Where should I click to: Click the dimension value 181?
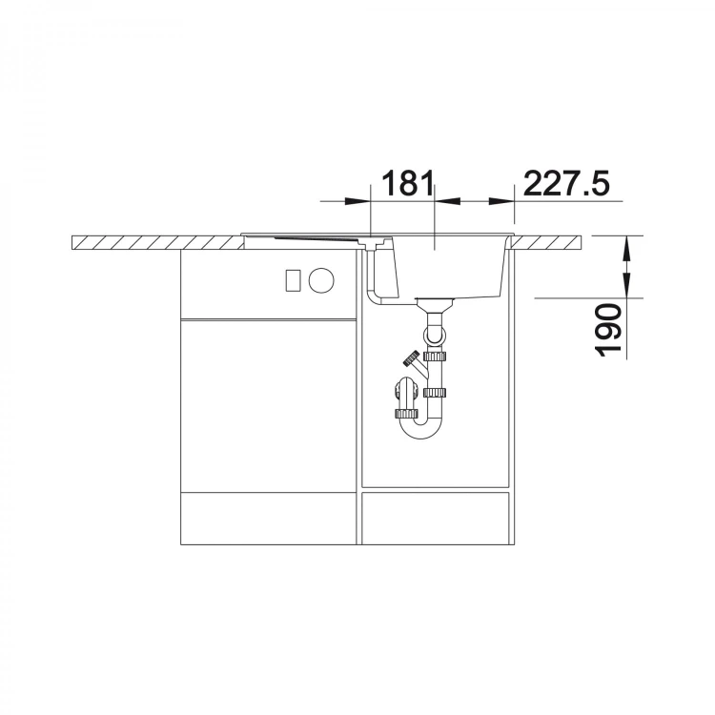[407, 183]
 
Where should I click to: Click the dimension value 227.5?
[567, 183]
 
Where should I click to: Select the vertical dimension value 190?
[609, 330]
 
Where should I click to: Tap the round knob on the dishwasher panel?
[321, 280]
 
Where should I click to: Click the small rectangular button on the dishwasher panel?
[293, 280]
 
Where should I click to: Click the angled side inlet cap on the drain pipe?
[411, 357]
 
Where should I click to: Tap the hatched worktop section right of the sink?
[547, 242]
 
